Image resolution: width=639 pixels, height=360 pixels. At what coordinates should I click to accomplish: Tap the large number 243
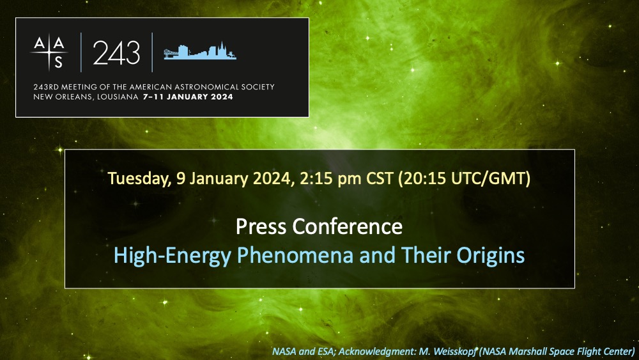[116, 53]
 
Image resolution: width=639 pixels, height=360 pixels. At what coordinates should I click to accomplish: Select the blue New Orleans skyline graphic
[199, 51]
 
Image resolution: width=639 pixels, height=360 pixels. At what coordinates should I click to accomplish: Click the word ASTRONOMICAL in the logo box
[203, 87]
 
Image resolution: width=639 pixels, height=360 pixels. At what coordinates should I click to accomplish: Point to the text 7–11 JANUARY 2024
[188, 97]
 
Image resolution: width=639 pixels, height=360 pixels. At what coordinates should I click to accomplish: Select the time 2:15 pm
[330, 178]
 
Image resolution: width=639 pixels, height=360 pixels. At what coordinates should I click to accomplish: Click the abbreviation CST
[380, 178]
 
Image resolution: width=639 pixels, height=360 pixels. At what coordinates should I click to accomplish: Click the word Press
[261, 226]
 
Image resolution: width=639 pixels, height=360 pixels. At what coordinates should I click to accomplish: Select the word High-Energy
[173, 256]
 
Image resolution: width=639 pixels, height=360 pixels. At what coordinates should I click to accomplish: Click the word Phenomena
[295, 255]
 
